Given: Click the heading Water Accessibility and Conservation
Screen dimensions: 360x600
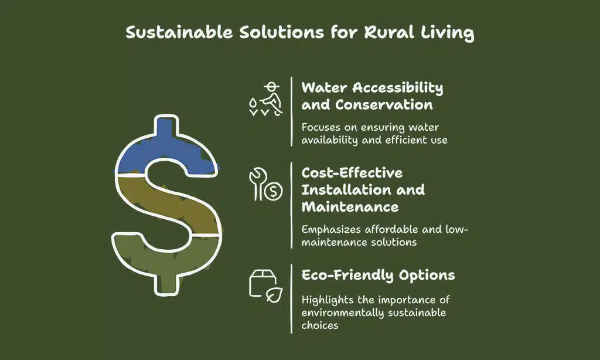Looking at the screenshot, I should click(x=371, y=96).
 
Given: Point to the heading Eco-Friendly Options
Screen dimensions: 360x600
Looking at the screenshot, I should click(x=378, y=275).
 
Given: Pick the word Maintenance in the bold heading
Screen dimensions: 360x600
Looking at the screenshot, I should click(x=350, y=207).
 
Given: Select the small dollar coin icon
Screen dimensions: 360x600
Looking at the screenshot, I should click(x=273, y=191).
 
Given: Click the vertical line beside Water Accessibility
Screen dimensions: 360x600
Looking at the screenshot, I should click(x=292, y=111).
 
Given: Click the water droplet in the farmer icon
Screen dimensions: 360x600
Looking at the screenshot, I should click(x=253, y=102).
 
